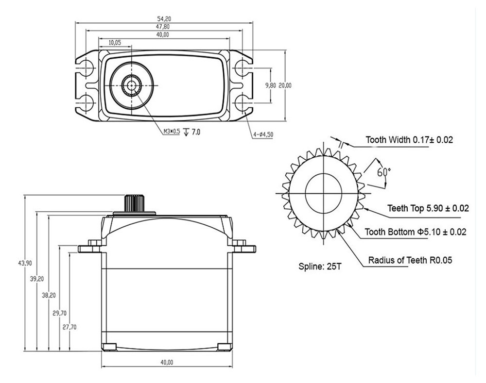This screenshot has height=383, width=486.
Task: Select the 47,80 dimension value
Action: (164, 27)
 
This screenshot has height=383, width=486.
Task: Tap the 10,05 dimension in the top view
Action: (115, 43)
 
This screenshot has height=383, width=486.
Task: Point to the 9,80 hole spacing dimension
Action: (271, 85)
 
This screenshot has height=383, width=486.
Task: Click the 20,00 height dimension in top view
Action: (285, 85)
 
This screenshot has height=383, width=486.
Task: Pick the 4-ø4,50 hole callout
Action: (262, 134)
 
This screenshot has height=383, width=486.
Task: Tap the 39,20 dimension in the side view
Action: (37, 279)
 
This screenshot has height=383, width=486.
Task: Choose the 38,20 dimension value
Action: (48, 295)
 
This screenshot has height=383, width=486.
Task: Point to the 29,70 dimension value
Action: (59, 313)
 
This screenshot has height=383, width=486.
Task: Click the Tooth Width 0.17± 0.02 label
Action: (409, 140)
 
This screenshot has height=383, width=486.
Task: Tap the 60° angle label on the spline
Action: (384, 171)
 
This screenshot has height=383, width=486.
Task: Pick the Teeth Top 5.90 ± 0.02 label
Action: (428, 208)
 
